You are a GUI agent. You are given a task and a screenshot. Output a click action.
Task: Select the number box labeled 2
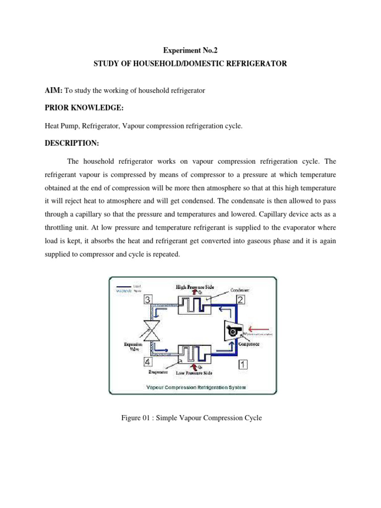(x=240, y=299)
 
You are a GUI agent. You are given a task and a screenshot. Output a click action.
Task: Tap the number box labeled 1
(x=243, y=365)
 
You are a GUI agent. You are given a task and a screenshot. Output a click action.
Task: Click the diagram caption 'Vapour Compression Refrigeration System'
(x=192, y=387)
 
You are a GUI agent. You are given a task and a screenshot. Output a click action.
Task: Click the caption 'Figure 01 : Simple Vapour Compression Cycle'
(x=191, y=418)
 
